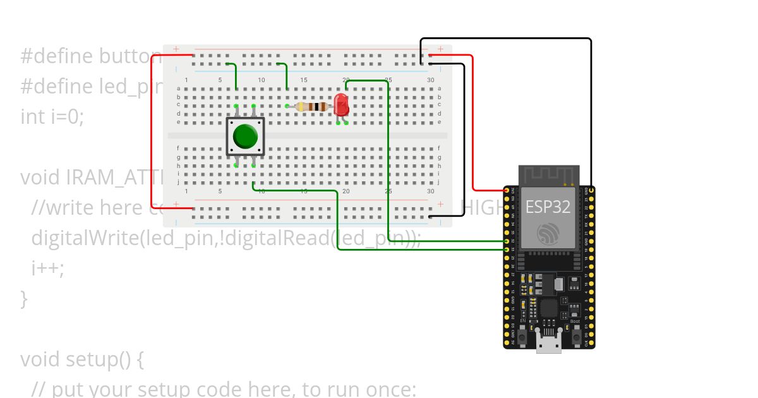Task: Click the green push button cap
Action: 245,136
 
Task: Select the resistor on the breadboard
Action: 311,106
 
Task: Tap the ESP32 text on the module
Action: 548,207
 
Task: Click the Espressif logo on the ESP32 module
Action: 548,234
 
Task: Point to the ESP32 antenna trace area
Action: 549,175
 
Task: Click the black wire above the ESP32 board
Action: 505,39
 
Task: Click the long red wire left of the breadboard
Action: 152,133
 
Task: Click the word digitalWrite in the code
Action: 84,238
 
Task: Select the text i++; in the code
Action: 48,268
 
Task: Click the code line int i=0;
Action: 52,116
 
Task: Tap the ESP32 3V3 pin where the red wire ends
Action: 507,190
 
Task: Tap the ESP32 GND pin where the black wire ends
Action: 591,190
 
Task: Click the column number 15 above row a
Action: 304,80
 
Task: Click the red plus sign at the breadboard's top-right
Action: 440,49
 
